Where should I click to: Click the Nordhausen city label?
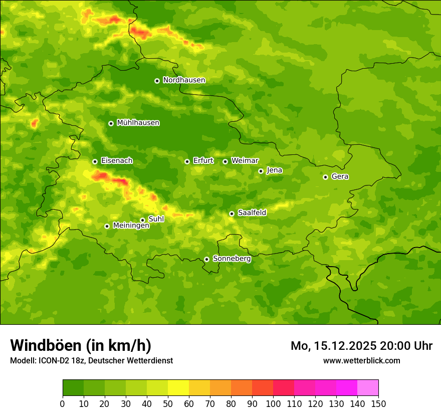(184, 80)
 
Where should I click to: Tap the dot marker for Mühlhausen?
(111, 123)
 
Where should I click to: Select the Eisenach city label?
(117, 161)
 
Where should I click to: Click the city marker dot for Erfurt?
(187, 161)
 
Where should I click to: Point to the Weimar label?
(245, 161)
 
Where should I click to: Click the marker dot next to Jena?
(261, 171)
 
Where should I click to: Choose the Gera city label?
(340, 176)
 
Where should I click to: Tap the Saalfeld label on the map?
(252, 213)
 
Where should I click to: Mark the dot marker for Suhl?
(142, 220)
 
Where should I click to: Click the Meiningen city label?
(131, 226)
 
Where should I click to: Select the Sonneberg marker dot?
(206, 259)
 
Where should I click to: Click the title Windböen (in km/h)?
(81, 345)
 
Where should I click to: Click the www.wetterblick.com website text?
(361, 360)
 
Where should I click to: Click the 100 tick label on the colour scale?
(273, 403)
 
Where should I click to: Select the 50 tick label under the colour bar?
(168, 403)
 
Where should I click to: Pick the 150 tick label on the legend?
(378, 403)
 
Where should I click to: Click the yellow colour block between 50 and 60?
(178, 388)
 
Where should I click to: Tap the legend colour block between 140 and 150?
(368, 388)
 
